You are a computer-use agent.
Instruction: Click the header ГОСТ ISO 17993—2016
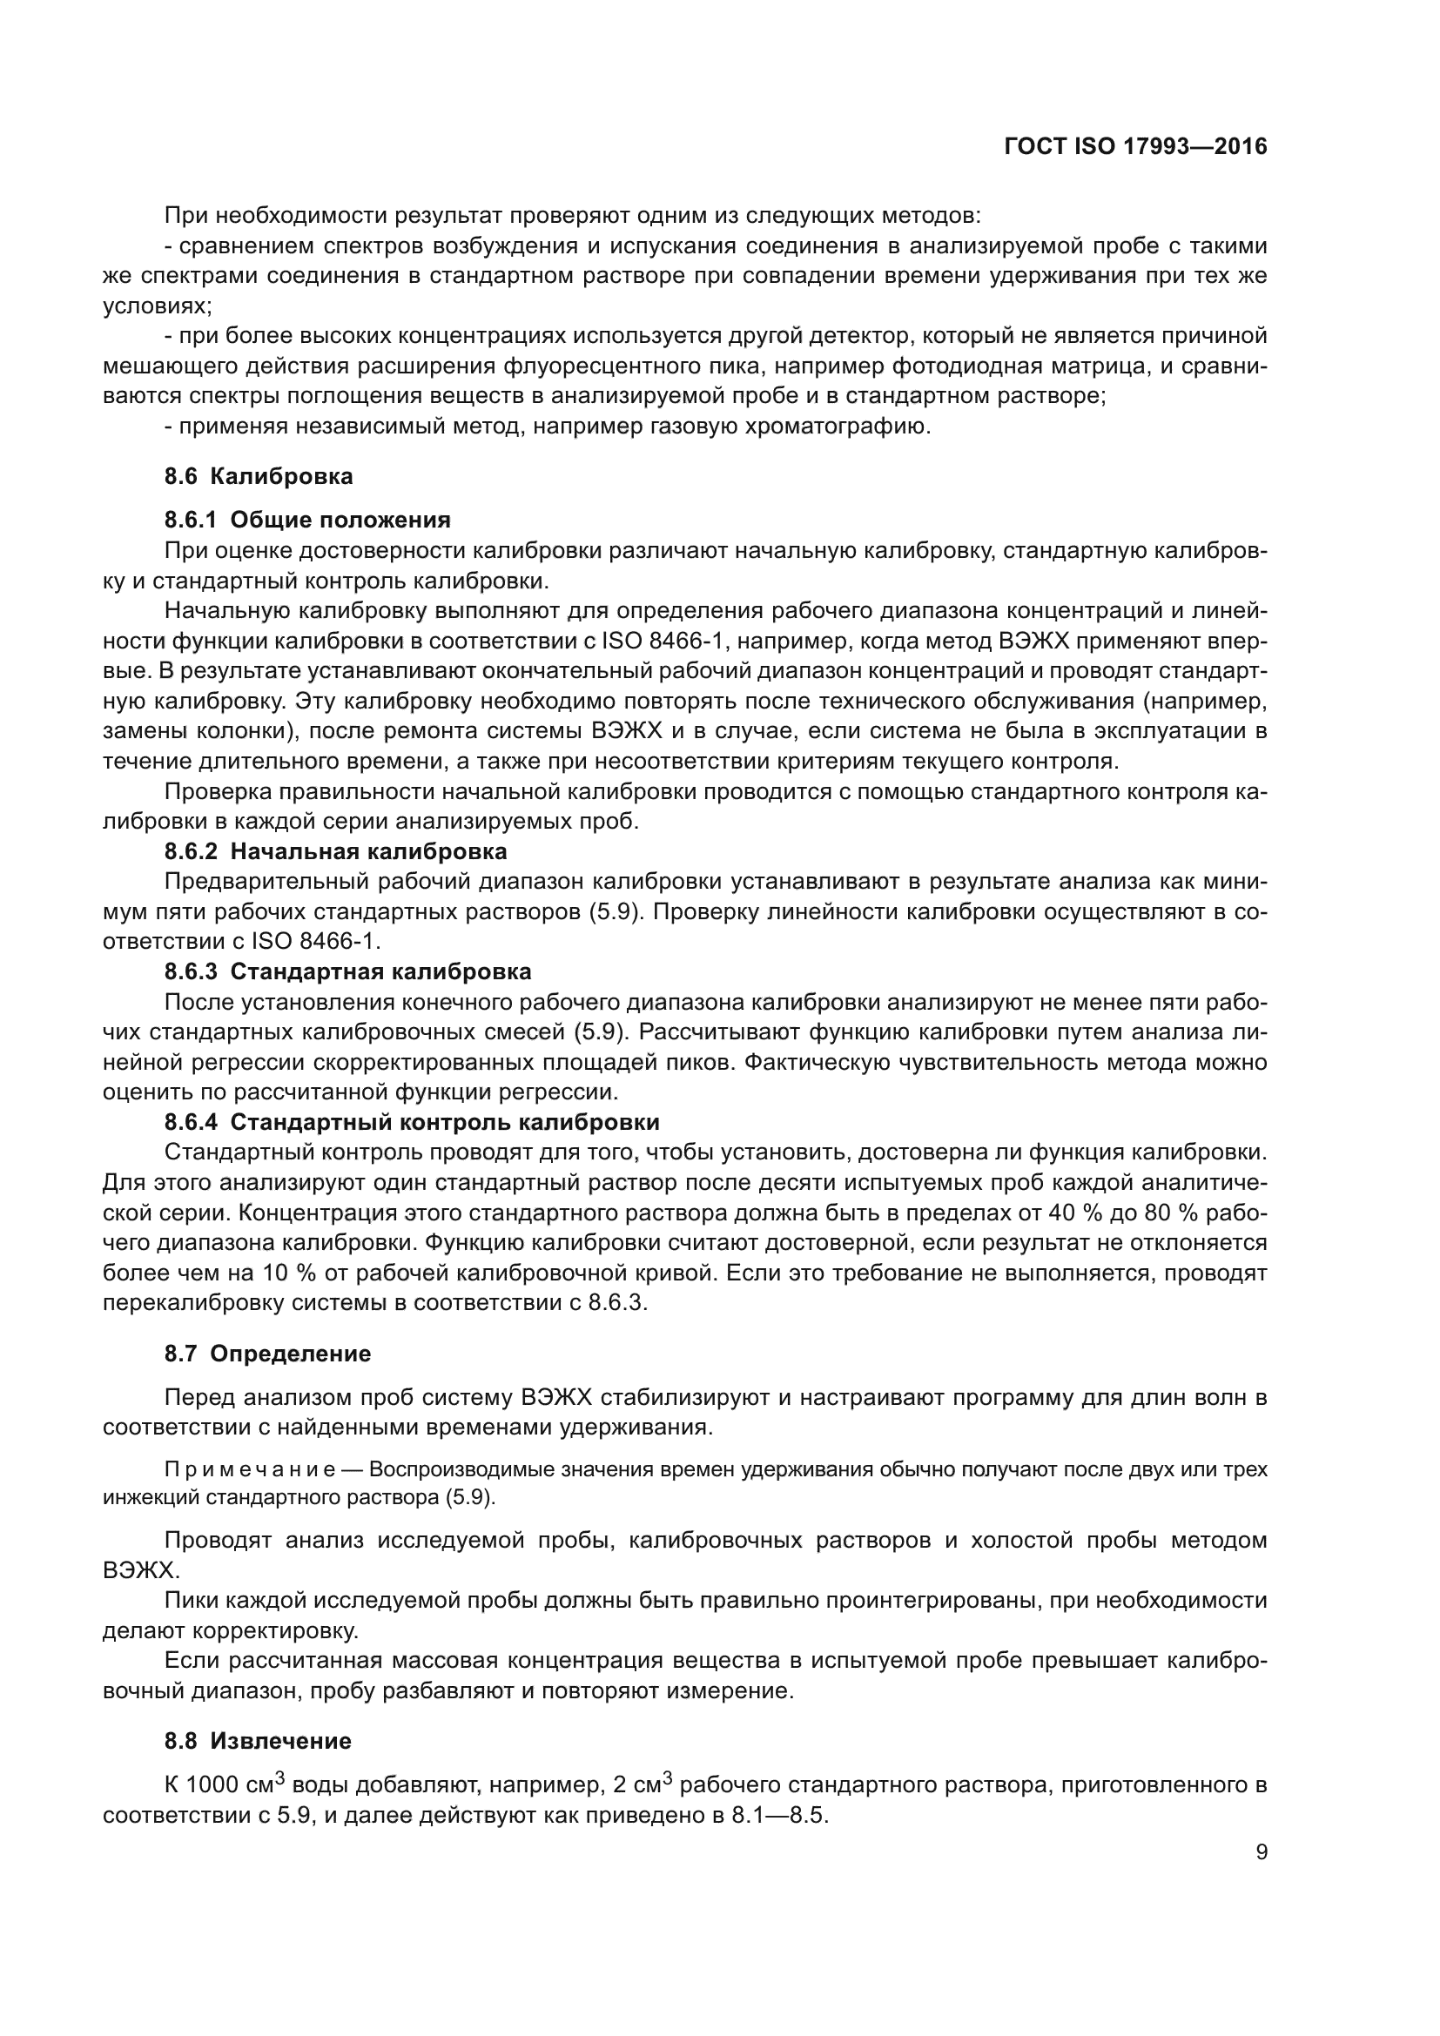[x=1135, y=147]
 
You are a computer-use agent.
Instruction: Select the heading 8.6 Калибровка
[x=258, y=476]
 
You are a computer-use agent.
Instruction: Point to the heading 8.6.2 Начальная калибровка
[x=335, y=851]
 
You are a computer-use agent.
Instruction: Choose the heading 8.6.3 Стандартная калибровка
[x=347, y=971]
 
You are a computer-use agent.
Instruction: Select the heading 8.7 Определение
[x=267, y=1354]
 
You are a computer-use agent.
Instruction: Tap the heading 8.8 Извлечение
[x=258, y=1741]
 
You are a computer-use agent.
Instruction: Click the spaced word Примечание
[x=250, y=1470]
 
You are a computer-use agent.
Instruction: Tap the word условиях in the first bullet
[x=156, y=306]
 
